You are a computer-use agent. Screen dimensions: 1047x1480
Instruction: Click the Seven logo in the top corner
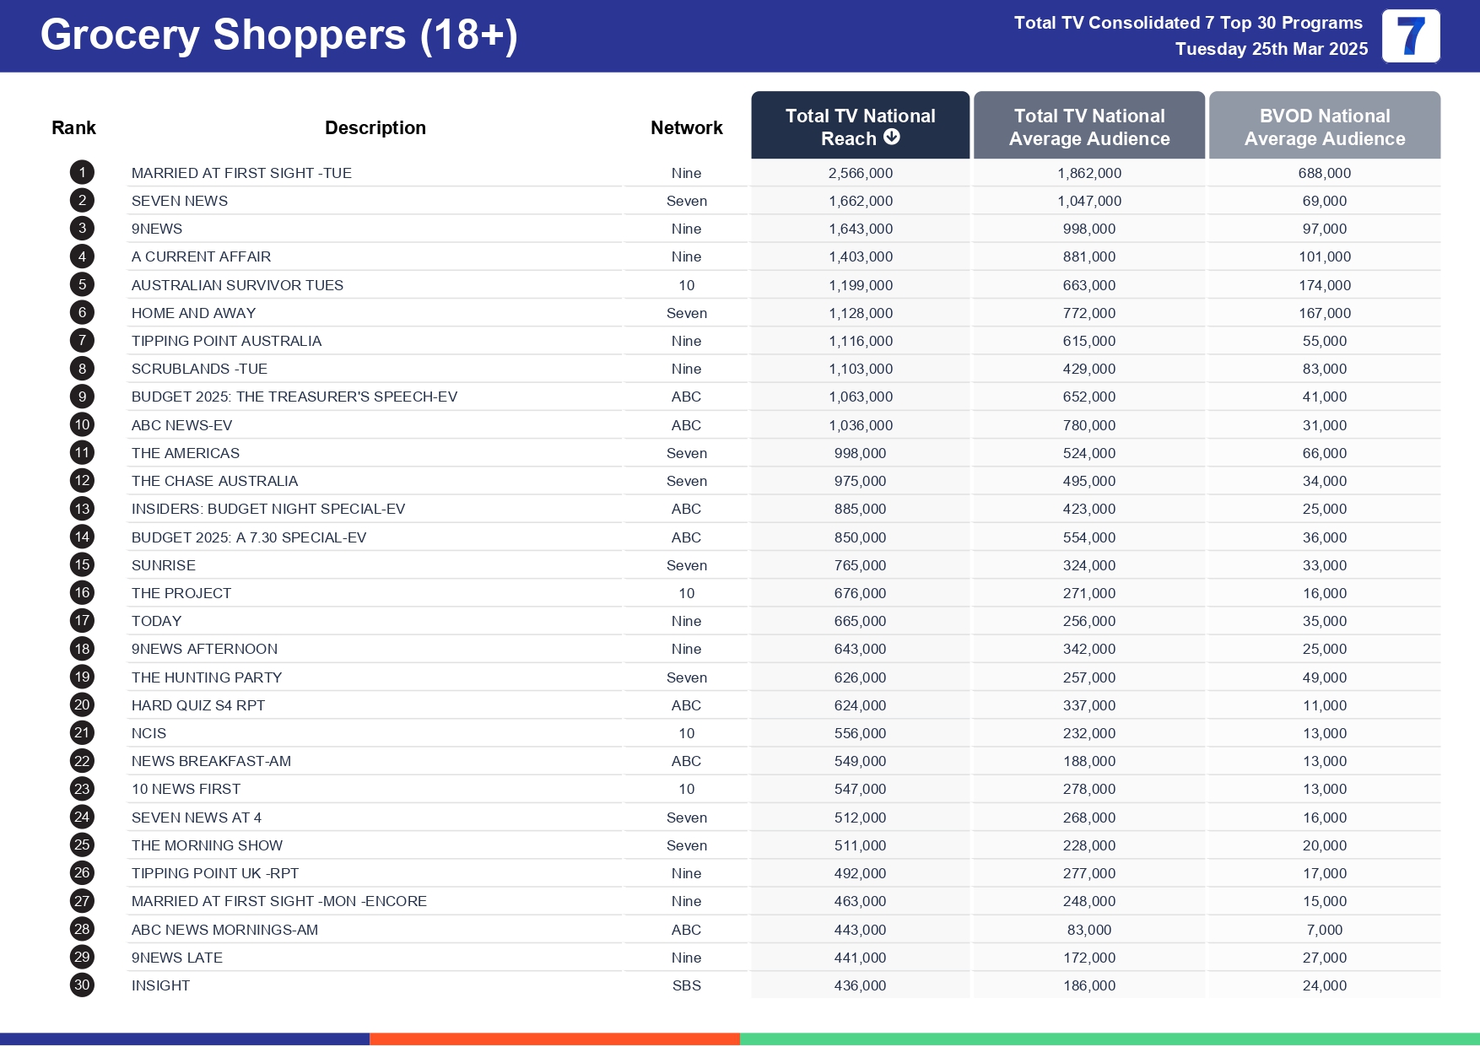tap(1410, 36)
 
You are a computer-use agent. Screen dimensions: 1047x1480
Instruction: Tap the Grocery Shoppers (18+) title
tap(278, 35)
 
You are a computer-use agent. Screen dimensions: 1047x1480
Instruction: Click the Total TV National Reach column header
tap(860, 127)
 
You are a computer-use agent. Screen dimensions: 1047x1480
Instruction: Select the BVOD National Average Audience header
tap(1324, 127)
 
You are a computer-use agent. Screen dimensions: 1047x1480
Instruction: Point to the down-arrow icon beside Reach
tap(892, 138)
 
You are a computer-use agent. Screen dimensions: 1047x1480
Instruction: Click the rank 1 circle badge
tap(82, 173)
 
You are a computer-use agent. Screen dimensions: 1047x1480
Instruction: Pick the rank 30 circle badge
tap(82, 985)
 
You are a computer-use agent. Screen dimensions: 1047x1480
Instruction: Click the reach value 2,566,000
tap(860, 173)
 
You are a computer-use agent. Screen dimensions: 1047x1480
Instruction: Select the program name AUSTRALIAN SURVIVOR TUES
tap(237, 285)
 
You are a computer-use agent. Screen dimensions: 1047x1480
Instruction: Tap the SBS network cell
tap(686, 985)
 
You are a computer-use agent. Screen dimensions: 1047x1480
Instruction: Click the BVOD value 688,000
tap(1324, 173)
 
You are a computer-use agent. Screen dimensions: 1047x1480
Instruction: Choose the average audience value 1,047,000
tap(1088, 201)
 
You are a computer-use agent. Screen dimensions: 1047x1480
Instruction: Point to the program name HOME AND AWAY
tap(193, 313)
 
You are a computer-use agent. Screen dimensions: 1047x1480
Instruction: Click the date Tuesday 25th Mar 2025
tap(1271, 49)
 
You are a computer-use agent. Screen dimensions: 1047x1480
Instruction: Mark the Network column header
tap(686, 127)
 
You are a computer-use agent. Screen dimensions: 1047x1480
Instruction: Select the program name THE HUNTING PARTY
tap(207, 677)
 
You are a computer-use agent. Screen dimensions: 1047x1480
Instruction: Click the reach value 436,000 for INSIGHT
tap(860, 985)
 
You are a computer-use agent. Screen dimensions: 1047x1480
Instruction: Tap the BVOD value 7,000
tap(1324, 930)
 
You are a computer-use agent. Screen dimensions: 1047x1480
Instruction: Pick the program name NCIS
tap(149, 733)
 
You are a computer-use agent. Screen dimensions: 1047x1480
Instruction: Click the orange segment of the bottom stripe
tap(554, 1039)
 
